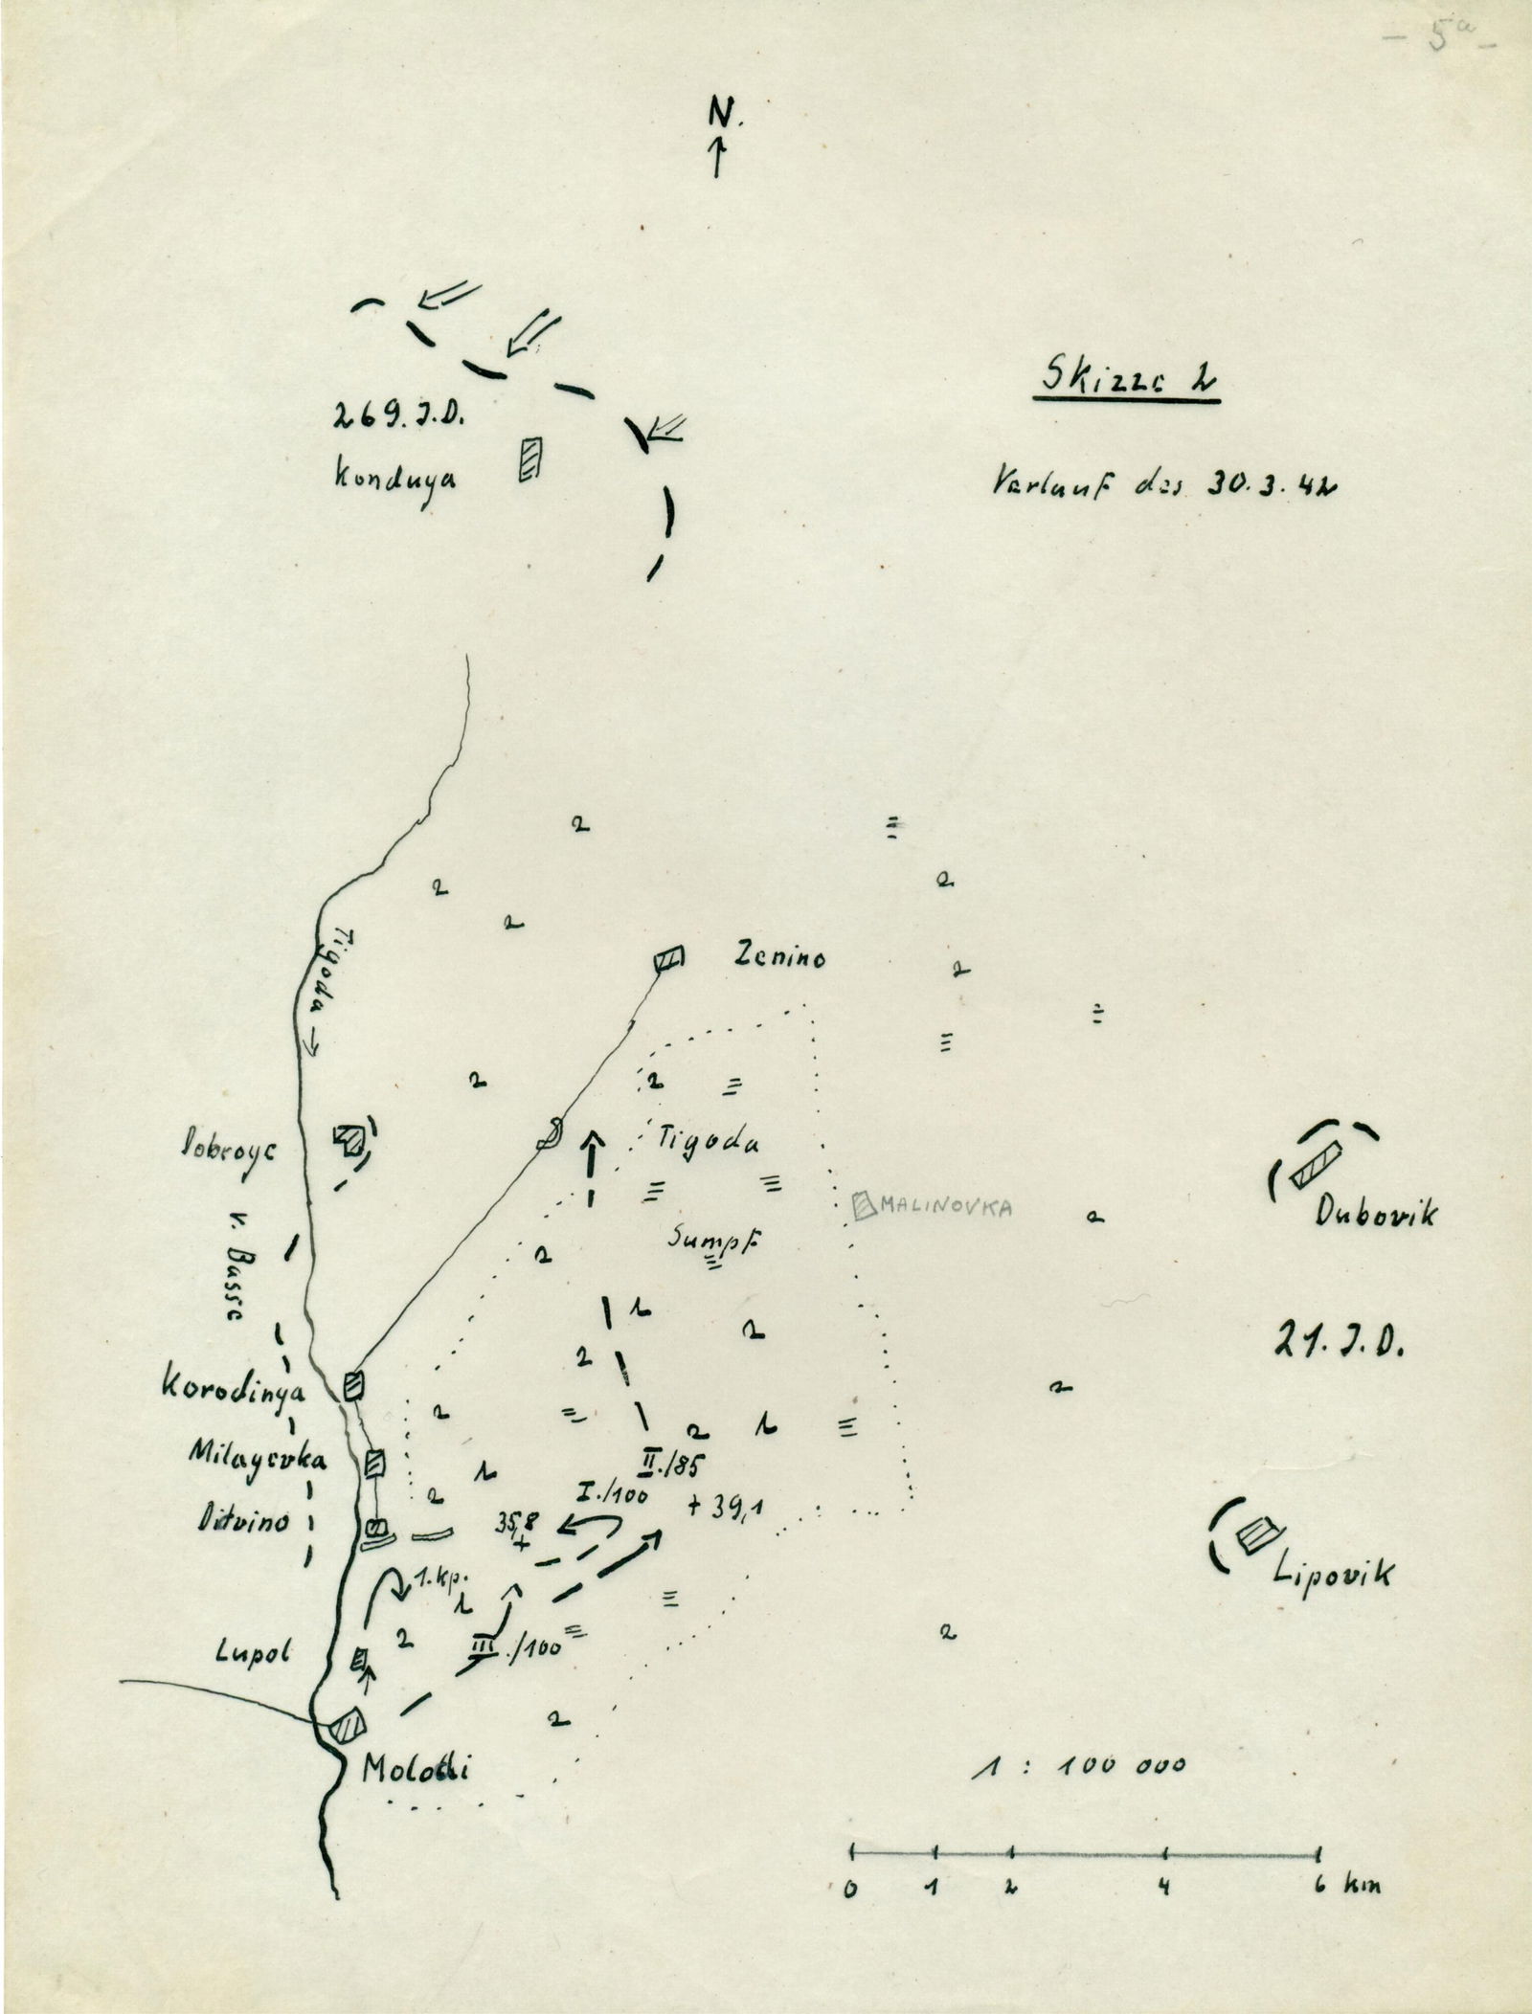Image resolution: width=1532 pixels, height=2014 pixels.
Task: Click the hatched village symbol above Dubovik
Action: tap(1316, 1168)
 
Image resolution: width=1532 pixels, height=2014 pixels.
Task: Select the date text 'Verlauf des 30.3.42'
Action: tap(1165, 482)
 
